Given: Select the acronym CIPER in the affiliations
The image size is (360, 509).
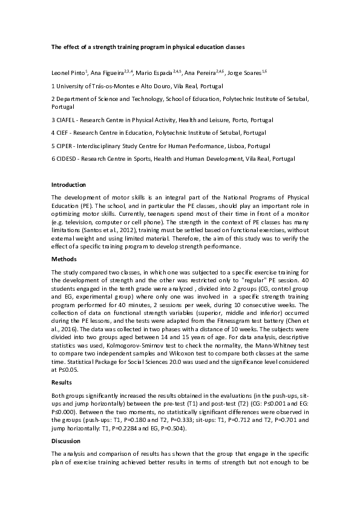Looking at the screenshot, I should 66,146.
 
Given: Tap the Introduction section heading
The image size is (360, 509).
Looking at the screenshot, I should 68,184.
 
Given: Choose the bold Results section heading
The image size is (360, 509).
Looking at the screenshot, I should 62,383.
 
